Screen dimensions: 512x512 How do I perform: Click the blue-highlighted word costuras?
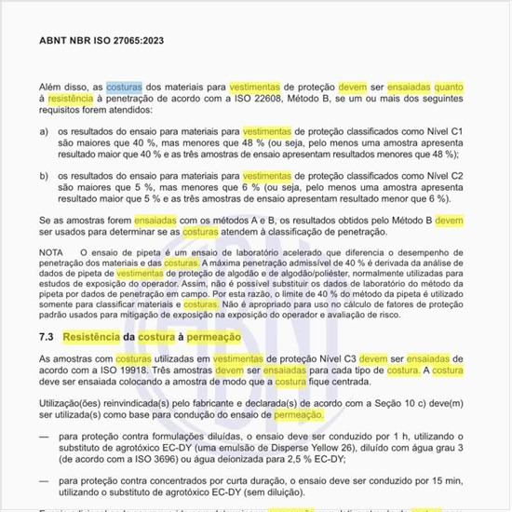point(124,87)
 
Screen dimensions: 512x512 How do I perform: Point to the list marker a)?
point(45,131)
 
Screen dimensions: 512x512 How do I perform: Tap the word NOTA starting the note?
point(52,253)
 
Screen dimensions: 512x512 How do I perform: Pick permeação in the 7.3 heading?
point(218,336)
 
